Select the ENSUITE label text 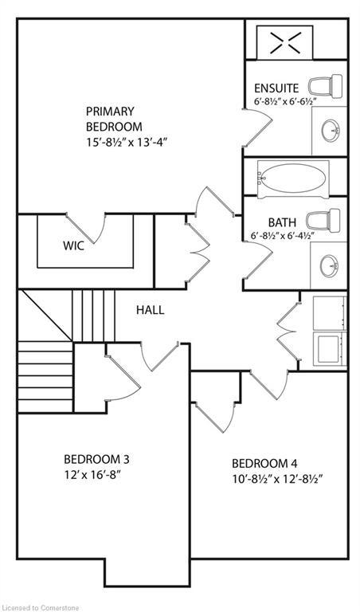tap(276, 88)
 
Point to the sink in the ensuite tap(330, 130)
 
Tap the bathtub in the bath tap(292, 179)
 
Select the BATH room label tap(281, 222)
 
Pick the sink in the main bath tap(330, 265)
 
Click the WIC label tap(73, 246)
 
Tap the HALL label tap(150, 309)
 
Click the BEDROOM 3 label tap(96, 460)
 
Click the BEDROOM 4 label tap(264, 464)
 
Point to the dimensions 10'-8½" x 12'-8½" tap(276, 479)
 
